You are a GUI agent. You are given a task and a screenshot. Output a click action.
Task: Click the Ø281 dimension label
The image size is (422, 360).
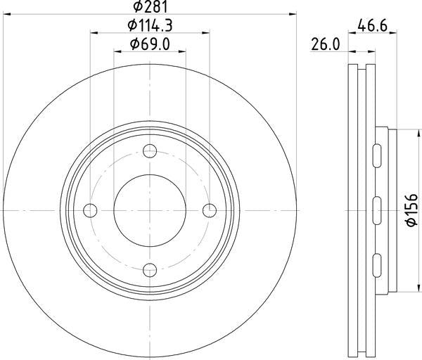[151, 7]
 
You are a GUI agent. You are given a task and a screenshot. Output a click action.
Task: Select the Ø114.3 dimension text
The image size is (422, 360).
[150, 25]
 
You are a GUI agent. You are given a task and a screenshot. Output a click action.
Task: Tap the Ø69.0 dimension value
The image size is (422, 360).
[150, 44]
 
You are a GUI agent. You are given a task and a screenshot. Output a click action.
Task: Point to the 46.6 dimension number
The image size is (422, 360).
[373, 26]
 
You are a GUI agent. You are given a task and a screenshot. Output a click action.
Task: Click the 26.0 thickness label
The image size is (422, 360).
[326, 44]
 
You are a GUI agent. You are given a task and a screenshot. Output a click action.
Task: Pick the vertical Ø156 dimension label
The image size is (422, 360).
[411, 210]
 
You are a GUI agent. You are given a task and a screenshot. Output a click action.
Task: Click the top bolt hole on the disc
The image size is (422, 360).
[150, 150]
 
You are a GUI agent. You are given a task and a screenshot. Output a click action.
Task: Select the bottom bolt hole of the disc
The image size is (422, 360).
[150, 270]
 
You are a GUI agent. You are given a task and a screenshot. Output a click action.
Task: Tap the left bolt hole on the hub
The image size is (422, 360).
[90, 210]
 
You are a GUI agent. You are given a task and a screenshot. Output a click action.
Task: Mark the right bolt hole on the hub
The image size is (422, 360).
[210, 210]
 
